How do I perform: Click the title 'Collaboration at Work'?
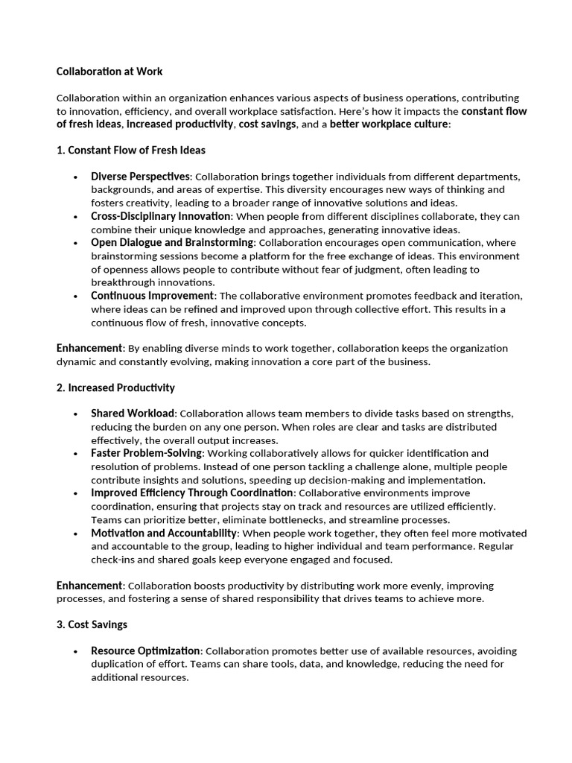coord(109,72)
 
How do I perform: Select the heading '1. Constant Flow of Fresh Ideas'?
coord(130,150)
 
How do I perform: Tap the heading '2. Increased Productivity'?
coord(115,387)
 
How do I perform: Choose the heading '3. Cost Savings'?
coord(92,624)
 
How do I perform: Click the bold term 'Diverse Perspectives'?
coord(141,177)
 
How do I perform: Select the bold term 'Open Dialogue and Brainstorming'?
coord(173,243)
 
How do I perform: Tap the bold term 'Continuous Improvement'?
coord(152,296)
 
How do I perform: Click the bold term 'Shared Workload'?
coord(133,414)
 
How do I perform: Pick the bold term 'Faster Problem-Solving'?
coord(146,453)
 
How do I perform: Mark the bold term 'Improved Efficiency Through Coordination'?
coord(191,493)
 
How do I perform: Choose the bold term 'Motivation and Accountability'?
coord(164,533)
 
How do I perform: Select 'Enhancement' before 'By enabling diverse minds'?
coord(89,348)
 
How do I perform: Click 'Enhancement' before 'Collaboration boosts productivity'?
coord(89,586)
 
